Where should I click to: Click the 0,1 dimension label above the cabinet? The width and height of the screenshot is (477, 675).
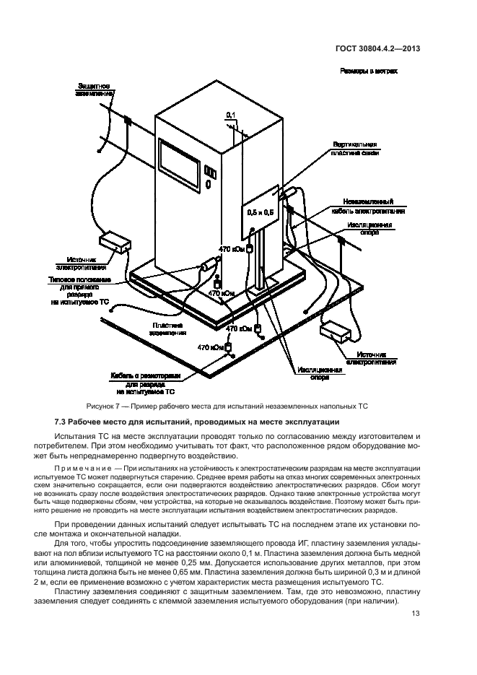point(231,115)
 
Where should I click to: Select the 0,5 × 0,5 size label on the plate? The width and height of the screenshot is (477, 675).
point(261,213)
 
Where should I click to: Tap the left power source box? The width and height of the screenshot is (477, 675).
point(113,241)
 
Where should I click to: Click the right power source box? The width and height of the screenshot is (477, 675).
point(338,331)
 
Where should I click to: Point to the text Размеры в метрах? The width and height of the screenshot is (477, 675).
point(369,71)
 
